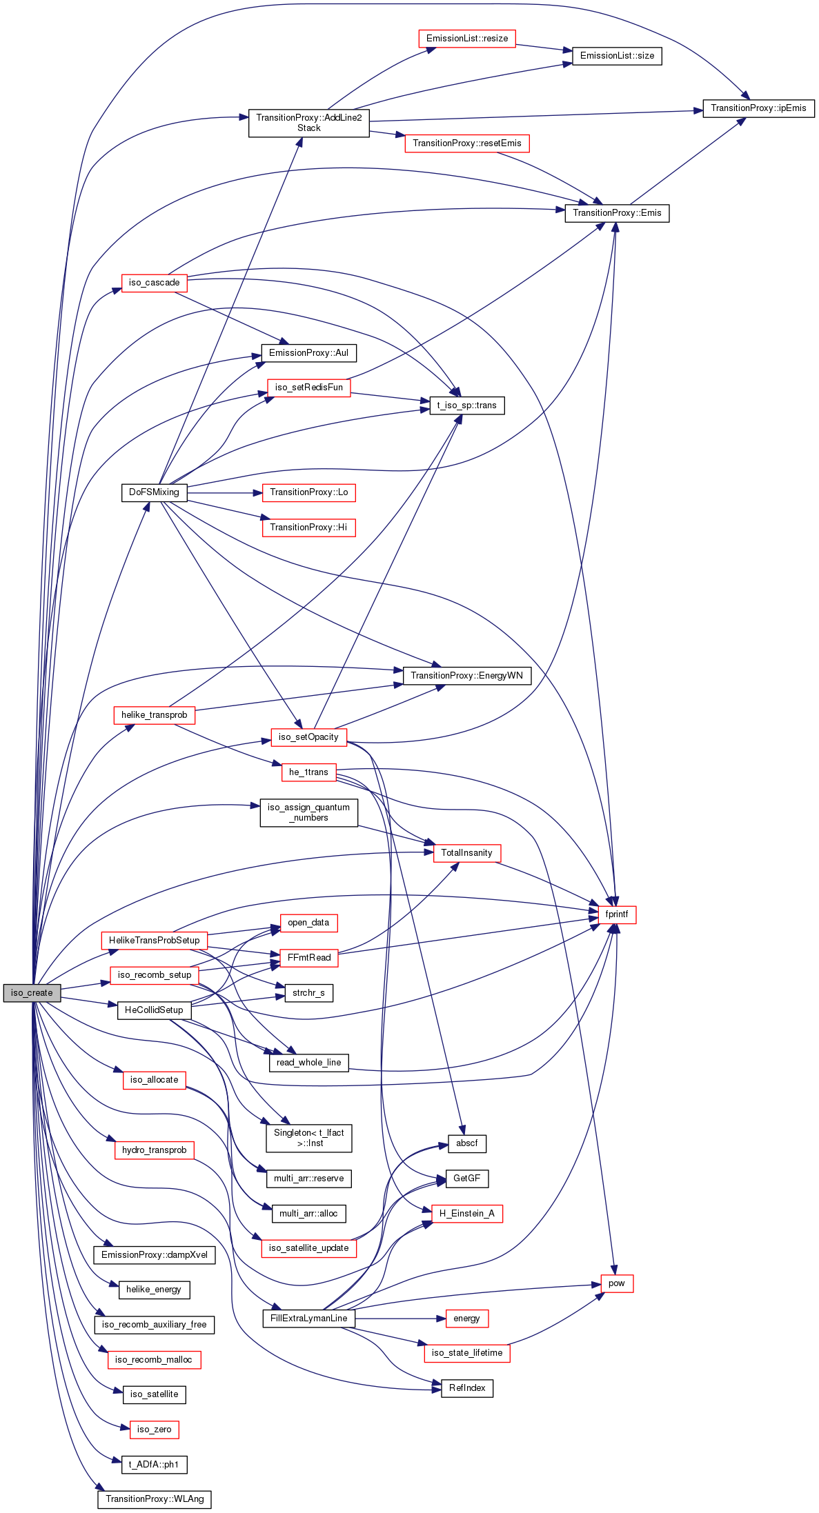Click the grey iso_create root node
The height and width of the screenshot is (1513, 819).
tap(32, 992)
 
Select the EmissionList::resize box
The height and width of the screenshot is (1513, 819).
tap(467, 39)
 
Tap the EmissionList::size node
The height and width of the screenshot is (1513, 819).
tap(617, 56)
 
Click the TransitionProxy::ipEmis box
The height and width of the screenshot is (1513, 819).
tap(758, 108)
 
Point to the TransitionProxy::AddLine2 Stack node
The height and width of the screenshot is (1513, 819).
tap(309, 123)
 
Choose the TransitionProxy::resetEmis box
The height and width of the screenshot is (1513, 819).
tap(467, 143)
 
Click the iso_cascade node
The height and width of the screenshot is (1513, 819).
tap(154, 283)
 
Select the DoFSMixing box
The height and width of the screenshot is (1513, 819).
tap(154, 492)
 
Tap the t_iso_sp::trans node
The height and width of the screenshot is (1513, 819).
tap(467, 405)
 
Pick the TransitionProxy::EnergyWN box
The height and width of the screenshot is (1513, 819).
tap(467, 676)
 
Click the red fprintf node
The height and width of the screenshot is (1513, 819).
tap(617, 914)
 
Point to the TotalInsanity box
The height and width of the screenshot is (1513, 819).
tap(467, 853)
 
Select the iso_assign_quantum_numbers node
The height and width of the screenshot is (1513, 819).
tap(309, 812)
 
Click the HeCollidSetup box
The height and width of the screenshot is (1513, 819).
tap(154, 1010)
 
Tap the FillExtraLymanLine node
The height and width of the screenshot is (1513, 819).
tap(309, 1319)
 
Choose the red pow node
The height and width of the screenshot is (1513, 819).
tap(617, 1283)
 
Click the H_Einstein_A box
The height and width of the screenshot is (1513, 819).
tap(467, 1214)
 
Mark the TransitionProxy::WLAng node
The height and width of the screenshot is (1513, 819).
tap(155, 1499)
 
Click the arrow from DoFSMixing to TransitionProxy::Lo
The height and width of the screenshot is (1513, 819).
tap(225, 492)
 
